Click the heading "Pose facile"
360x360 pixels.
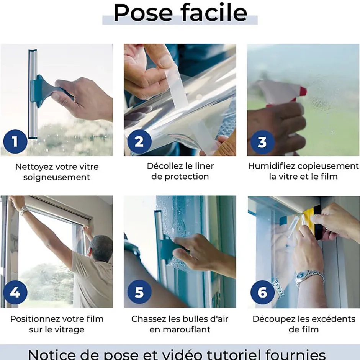pyautogui.click(x=180, y=12)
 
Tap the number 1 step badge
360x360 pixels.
pyautogui.click(x=15, y=142)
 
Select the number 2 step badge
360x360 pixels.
pyautogui.click(x=139, y=142)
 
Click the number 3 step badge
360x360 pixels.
pyautogui.click(x=262, y=142)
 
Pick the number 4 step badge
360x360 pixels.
pyautogui.click(x=15, y=293)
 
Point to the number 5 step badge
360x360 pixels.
pyautogui.click(x=139, y=293)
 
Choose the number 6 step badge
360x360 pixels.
pyautogui.click(x=262, y=293)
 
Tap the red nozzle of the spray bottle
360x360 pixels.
pyautogui.click(x=303, y=91)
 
